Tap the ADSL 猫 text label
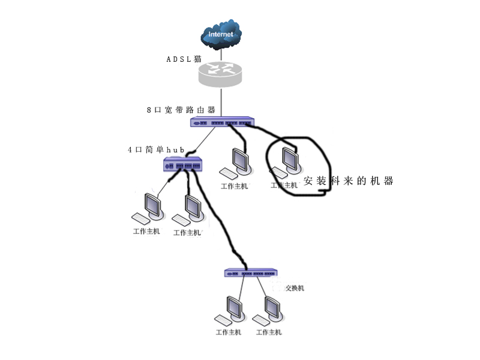point(184,59)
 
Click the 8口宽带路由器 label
point(181,110)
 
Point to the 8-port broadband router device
point(221,122)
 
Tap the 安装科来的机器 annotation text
point(349,181)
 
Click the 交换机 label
point(294,288)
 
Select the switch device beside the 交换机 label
point(250,272)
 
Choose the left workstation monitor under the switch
point(235,307)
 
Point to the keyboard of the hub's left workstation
point(142,217)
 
